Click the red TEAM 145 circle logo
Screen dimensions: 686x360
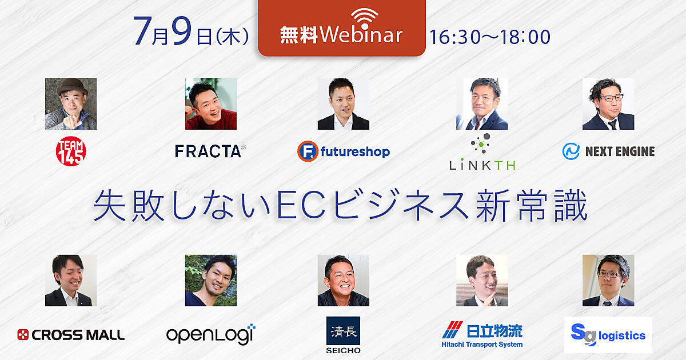[71, 151]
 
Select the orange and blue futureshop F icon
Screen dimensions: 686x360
[308, 151]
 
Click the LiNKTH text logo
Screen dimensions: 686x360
[482, 165]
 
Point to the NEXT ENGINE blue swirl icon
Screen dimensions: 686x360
[571, 151]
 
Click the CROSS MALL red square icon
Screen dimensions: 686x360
[23, 335]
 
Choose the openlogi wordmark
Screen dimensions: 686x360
[211, 334]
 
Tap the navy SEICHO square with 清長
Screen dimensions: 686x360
[343, 331]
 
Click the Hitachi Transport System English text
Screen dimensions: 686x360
[482, 345]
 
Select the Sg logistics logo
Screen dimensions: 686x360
[608, 335]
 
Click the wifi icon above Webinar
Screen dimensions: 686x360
[365, 18]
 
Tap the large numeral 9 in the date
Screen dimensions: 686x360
[182, 31]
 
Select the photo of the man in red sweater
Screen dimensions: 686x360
[211, 104]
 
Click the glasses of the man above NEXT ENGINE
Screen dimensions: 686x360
[611, 98]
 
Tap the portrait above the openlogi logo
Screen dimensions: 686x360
[211, 281]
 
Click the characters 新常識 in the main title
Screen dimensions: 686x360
[532, 205]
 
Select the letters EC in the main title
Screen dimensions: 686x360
[301, 205]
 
